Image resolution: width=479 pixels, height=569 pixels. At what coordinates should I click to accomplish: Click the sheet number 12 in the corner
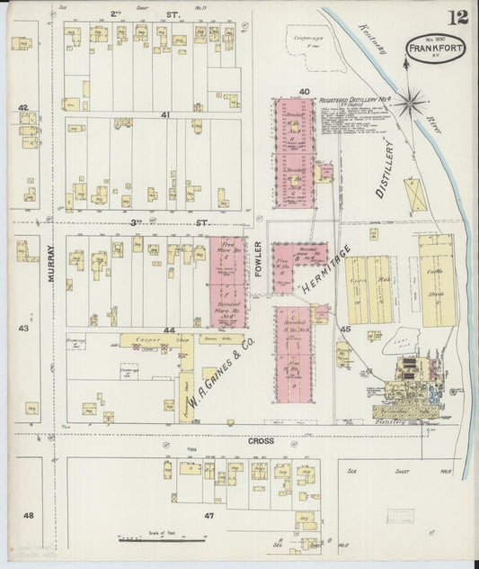pyautogui.click(x=460, y=17)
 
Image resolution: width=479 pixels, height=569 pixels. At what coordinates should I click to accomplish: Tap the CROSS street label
pyautogui.click(x=262, y=441)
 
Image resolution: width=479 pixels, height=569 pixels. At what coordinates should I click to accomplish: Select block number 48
pyautogui.click(x=29, y=515)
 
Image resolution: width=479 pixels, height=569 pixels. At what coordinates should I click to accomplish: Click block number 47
pyautogui.click(x=208, y=515)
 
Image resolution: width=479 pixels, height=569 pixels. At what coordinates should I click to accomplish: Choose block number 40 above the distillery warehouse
pyautogui.click(x=305, y=92)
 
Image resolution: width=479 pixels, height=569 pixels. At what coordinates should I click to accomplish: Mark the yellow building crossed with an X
pyautogui.click(x=414, y=194)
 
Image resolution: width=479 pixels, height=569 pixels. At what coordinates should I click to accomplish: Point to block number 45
pyautogui.click(x=345, y=330)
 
